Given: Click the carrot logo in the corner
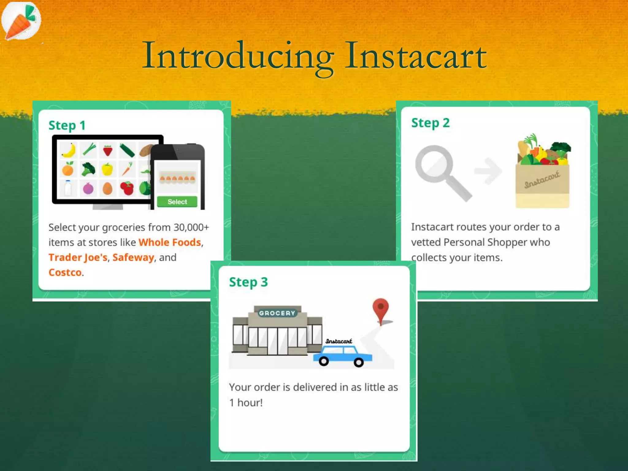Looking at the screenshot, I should point(21,21).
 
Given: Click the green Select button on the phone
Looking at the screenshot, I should point(177,202).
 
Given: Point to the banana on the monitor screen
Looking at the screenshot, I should point(69,150).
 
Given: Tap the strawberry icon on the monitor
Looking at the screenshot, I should point(108,150).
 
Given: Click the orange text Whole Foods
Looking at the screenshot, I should point(170,243).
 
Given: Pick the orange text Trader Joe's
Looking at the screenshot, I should point(78,258).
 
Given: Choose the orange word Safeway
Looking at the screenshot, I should point(133,258).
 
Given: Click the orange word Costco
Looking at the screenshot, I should point(65,273).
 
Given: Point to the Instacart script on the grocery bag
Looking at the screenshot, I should point(542,180).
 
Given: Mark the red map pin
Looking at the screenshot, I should point(381,310).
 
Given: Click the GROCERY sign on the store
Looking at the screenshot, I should point(277,313).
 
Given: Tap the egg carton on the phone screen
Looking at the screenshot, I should point(178,178).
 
